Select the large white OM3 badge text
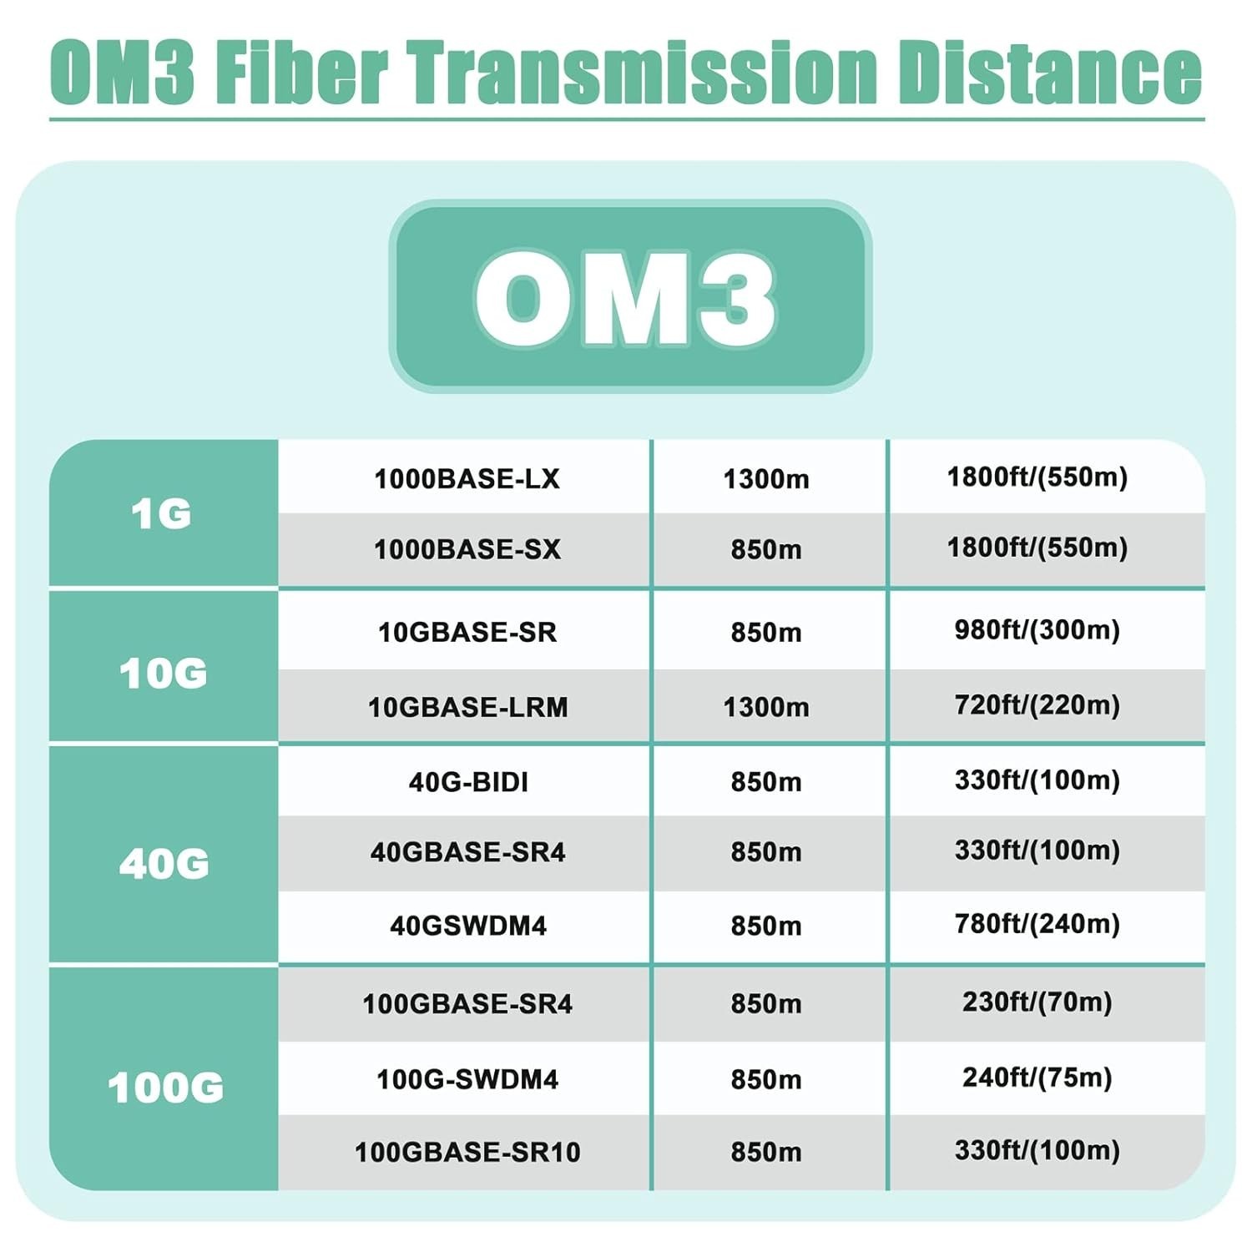pyautogui.click(x=625, y=298)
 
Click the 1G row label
pyautogui.click(x=161, y=513)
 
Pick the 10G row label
pyautogui.click(x=163, y=673)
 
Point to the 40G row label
pyautogui.click(x=164, y=863)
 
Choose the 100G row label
pyautogui.click(x=165, y=1088)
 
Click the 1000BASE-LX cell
pyautogui.click(x=467, y=478)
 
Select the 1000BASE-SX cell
pyautogui.click(x=467, y=548)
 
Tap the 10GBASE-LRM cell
pyautogui.click(x=467, y=707)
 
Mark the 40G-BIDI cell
pyautogui.click(x=468, y=781)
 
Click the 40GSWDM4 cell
pyautogui.click(x=468, y=925)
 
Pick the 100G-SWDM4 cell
pyautogui.click(x=467, y=1078)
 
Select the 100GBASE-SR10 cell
pyautogui.click(x=467, y=1152)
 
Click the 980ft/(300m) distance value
pyautogui.click(x=1037, y=630)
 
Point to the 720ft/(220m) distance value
pyautogui.click(x=1037, y=705)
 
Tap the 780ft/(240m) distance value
pyautogui.click(x=1037, y=924)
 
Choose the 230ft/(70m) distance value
pyautogui.click(x=1037, y=1002)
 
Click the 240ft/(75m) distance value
pyautogui.click(x=1037, y=1078)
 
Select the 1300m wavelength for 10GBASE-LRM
pyautogui.click(x=766, y=707)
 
